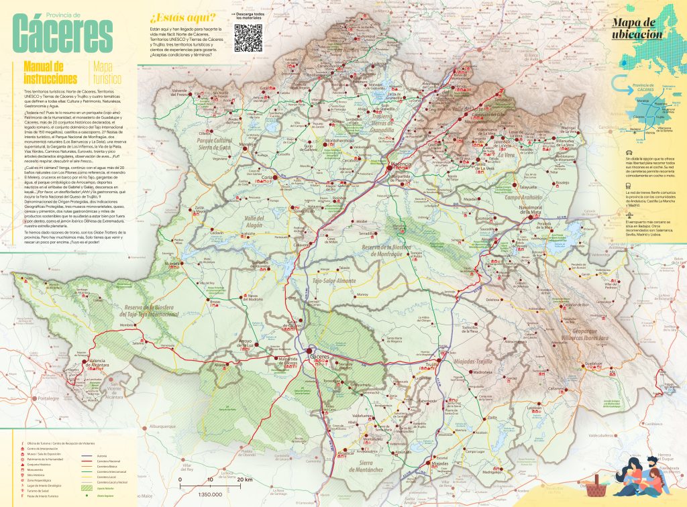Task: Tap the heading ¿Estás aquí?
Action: click(x=183, y=17)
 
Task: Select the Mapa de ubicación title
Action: click(x=637, y=28)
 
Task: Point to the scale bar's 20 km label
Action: click(x=244, y=480)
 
